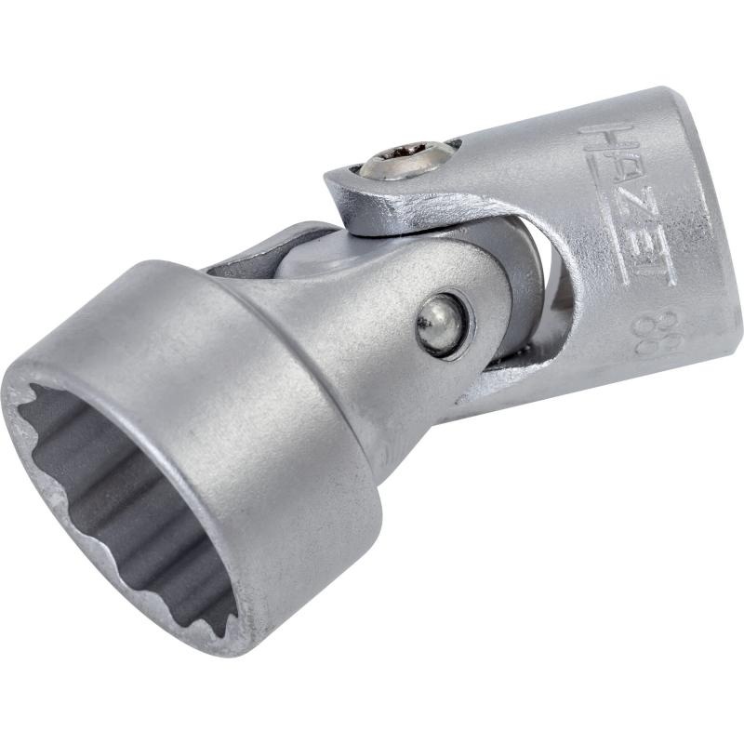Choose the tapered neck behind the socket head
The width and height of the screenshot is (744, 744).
coord(363,344)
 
